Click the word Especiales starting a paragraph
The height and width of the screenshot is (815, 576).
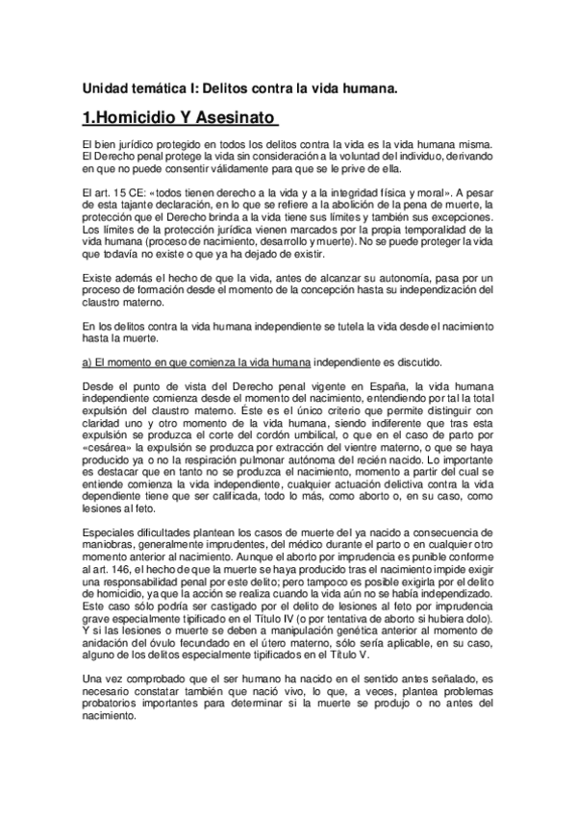pos(112,531)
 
